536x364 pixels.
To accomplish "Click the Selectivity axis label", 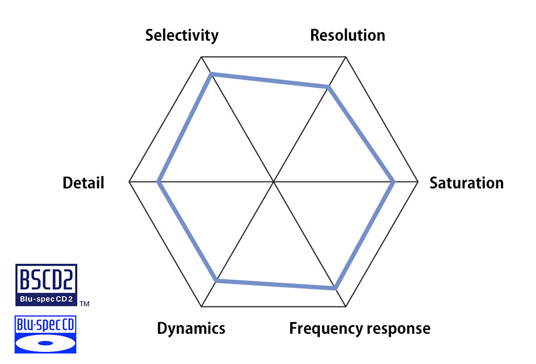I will (x=182, y=35).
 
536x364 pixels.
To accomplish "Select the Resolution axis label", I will (x=347, y=35).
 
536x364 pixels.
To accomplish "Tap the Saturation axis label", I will (x=466, y=183).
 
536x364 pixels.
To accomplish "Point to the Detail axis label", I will (x=83, y=183).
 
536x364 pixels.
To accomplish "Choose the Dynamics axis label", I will (x=191, y=328).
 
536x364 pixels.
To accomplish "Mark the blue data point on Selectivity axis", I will (x=212, y=74).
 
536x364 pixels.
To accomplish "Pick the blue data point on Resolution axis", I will (x=329, y=87).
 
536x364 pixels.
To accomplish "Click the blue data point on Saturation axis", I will (x=394, y=182).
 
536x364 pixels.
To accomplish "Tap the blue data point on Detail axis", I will (x=158, y=182).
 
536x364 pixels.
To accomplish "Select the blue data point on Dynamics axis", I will (x=217, y=281).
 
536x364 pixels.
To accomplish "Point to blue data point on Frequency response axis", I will (x=335, y=288).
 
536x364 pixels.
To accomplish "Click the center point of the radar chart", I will (x=274, y=182).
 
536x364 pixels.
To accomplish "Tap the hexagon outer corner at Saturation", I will (x=418, y=182).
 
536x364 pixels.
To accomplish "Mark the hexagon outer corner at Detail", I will (x=129, y=182).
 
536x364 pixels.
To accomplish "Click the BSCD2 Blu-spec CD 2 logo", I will (x=46, y=285).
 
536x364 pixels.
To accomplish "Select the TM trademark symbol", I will (x=84, y=304).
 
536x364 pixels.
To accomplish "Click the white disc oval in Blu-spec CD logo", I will (x=45, y=342).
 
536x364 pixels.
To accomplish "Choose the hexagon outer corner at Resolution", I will (x=346, y=57).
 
